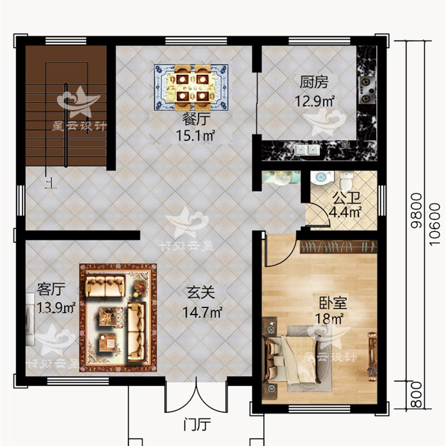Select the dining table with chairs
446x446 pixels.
tap(191, 87)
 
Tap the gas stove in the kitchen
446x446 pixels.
tap(367, 89)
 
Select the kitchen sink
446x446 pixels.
tap(306, 150)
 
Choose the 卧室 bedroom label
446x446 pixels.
tap(333, 304)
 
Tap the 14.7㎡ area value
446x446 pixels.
tap(202, 312)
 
